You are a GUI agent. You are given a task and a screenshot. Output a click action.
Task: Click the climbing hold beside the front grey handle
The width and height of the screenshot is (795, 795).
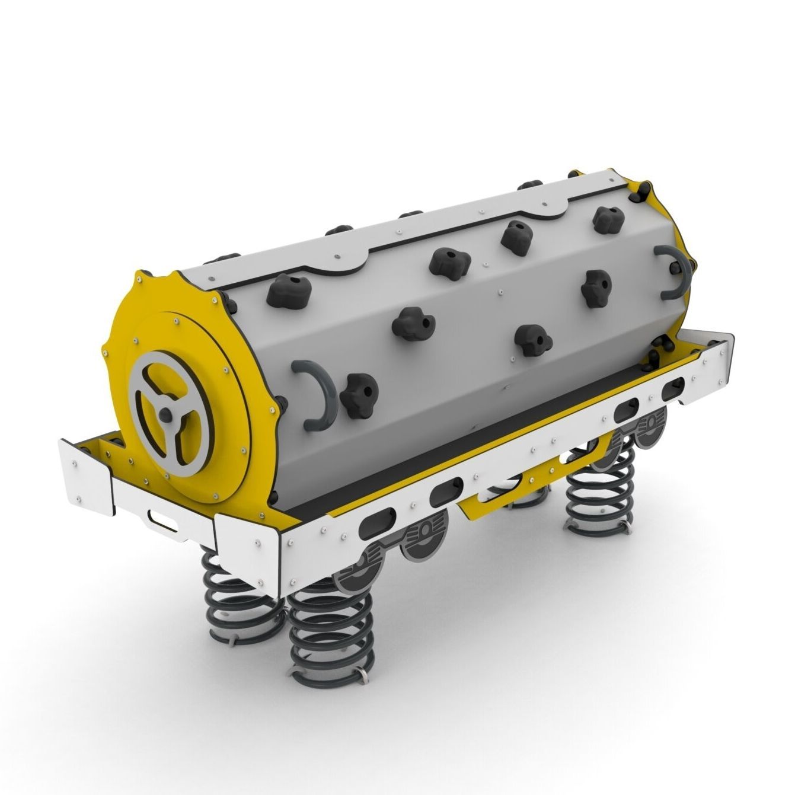click(x=359, y=394)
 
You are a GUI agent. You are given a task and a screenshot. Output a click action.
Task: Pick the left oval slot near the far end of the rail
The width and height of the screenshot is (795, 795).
click(x=627, y=410)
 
